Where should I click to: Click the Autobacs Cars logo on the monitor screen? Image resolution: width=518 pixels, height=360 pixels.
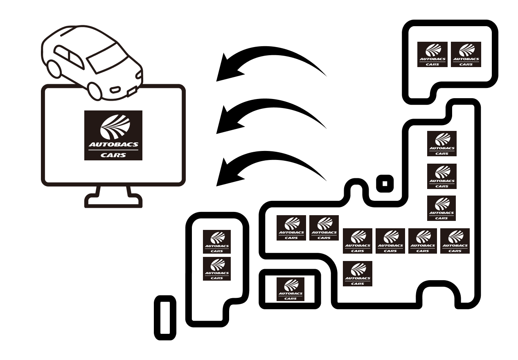[x=113, y=135]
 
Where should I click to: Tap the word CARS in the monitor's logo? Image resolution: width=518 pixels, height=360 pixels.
[x=113, y=155]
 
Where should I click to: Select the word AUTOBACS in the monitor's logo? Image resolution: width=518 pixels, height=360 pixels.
[x=113, y=145]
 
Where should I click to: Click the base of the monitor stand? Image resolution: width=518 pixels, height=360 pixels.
[x=113, y=201]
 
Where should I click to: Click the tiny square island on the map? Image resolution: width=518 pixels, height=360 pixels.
[x=385, y=183]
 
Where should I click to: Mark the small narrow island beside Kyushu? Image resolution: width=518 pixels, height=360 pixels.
[x=165, y=318]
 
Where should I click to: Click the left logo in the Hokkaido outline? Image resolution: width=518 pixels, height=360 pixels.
[x=432, y=54]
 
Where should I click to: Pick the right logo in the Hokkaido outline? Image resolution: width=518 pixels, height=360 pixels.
[x=466, y=54]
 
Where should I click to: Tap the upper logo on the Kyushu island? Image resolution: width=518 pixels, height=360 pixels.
[x=217, y=242]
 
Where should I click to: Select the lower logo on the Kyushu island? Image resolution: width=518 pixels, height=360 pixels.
[x=217, y=269]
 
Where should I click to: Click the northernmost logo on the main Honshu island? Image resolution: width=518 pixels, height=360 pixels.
[x=441, y=144]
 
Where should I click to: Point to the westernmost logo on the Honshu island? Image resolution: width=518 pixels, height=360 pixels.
[x=291, y=228]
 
